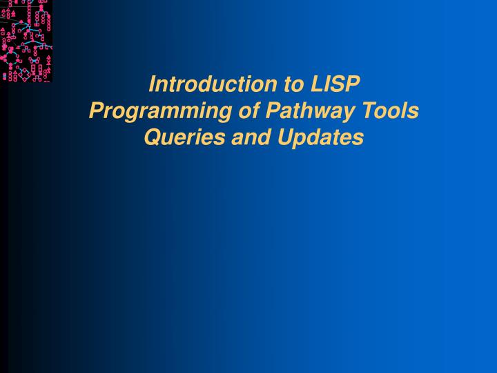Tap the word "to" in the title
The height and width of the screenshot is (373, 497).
point(293,84)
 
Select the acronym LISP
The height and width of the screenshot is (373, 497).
point(335,84)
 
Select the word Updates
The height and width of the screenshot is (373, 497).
point(320,137)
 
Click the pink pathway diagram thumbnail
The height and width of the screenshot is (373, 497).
point(26,41)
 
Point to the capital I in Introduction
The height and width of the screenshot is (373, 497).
point(153,84)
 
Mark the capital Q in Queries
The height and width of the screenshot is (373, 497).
point(151,137)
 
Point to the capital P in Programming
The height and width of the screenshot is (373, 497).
point(97,111)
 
